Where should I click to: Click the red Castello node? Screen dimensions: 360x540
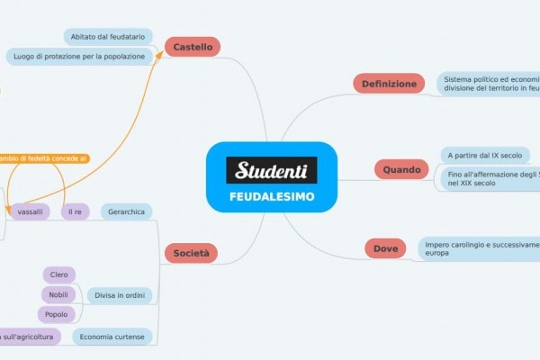point(193,46)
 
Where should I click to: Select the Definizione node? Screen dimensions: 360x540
point(389,84)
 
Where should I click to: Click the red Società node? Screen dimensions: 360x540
point(191,255)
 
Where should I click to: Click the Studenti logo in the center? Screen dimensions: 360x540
point(271,169)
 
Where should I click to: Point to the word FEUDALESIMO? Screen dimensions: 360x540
point(271,195)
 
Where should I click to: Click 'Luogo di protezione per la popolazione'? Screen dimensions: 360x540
point(78,57)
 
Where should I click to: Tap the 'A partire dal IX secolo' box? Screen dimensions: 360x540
point(484,155)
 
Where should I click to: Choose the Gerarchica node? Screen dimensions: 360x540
point(126,211)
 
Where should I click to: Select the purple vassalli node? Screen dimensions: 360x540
point(30,211)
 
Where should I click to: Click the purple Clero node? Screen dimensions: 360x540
point(59,274)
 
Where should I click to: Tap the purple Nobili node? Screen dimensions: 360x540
point(59,294)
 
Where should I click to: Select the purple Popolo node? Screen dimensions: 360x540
point(56,314)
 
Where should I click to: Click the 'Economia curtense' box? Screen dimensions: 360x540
point(112,337)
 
